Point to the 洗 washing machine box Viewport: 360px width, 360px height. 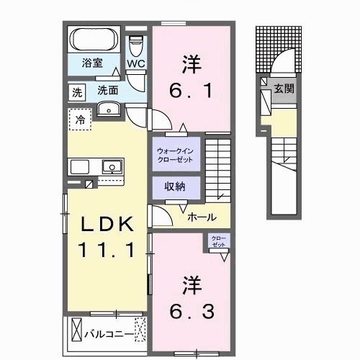[76, 92]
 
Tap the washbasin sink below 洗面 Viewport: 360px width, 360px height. [109, 109]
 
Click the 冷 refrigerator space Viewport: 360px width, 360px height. [81, 120]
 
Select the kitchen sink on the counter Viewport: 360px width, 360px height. [112, 168]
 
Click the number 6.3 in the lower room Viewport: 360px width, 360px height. [192, 296]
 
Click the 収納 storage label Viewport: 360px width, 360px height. [175, 186]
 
